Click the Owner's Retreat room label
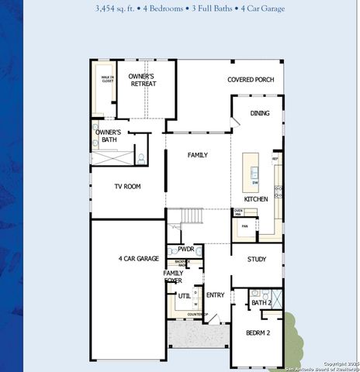(x=142, y=80)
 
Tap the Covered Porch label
(x=250, y=80)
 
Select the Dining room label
(x=260, y=114)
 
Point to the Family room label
(x=198, y=155)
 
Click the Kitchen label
(x=256, y=199)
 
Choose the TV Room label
(x=127, y=186)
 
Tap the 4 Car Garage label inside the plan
(x=138, y=258)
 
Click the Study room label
(x=257, y=260)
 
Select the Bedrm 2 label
(x=258, y=332)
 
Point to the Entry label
(x=215, y=294)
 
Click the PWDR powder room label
(x=185, y=250)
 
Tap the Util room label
(x=184, y=295)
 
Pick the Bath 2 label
(x=261, y=302)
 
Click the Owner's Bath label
(x=108, y=136)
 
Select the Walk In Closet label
(x=107, y=78)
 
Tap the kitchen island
(x=251, y=167)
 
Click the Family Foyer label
(x=173, y=277)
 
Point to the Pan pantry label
(x=244, y=226)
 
